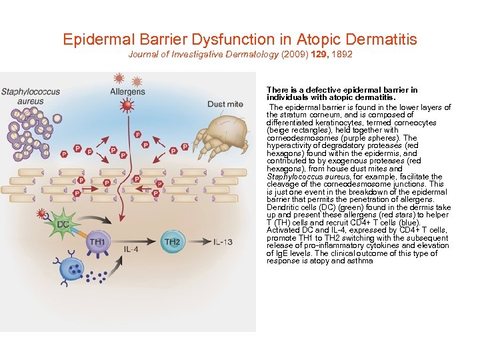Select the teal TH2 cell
point(173,241)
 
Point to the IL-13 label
point(223,241)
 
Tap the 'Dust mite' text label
point(225,104)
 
